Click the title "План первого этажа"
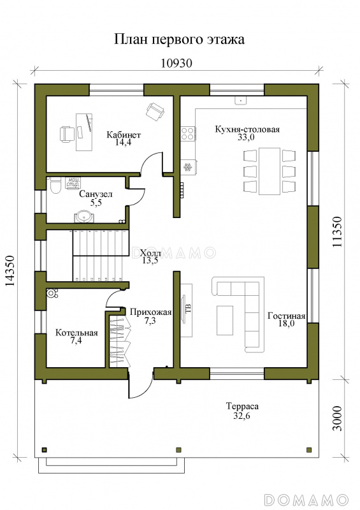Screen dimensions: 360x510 (x=179, y=40)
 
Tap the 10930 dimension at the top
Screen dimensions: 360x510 (x=176, y=62)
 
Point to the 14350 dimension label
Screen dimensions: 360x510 (x=10, y=271)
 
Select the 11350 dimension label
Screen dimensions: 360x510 (x=337, y=232)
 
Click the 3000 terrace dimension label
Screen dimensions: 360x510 (x=338, y=419)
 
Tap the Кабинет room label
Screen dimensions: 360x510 (x=124, y=135)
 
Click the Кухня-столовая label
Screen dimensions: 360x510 (x=247, y=129)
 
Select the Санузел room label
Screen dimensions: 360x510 (x=96, y=194)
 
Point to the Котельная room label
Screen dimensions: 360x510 (x=76, y=333)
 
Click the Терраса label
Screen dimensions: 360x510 (x=242, y=406)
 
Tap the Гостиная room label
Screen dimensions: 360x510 (x=286, y=316)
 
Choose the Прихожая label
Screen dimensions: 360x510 (x=150, y=312)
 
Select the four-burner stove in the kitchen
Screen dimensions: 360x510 (x=189, y=133)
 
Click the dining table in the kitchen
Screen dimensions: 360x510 (x=270, y=171)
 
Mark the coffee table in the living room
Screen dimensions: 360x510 (x=225, y=321)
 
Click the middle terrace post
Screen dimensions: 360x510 (x=178, y=450)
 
